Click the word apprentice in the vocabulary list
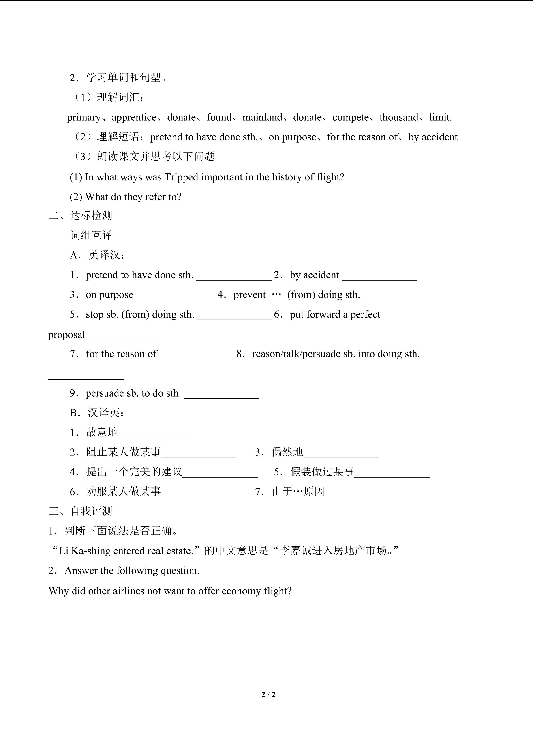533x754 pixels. coord(134,118)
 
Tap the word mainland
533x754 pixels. coord(262,118)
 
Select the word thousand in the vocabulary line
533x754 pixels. coord(399,118)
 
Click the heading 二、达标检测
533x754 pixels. coord(80,216)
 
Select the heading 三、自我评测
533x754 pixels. coord(80,511)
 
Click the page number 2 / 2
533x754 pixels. coord(268,695)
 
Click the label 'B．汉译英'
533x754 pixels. coord(97,413)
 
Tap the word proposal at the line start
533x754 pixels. coord(67,335)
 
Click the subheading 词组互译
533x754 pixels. coord(91,235)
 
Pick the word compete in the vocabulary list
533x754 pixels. coord(351,118)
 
